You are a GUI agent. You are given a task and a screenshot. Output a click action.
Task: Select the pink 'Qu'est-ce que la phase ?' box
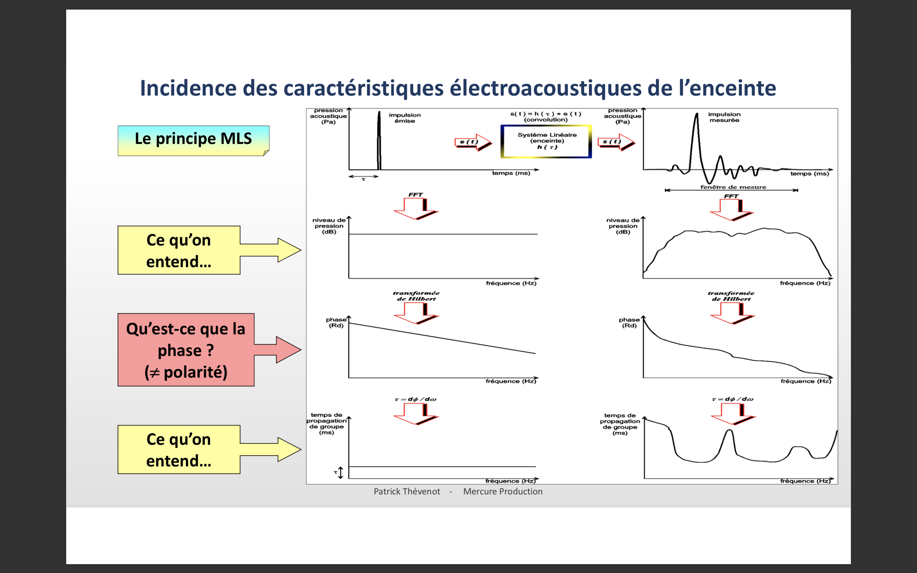(x=186, y=350)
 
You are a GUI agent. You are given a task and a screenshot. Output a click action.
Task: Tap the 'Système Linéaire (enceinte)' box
(x=546, y=141)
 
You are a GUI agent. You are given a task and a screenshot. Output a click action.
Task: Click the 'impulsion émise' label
(x=404, y=118)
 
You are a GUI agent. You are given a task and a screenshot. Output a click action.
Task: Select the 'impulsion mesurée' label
(x=724, y=117)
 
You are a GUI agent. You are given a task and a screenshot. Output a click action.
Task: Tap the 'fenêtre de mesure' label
(x=733, y=187)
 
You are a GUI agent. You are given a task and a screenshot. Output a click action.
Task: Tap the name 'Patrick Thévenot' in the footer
(x=407, y=492)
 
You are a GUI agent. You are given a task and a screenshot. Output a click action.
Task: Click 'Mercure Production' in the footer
(x=502, y=492)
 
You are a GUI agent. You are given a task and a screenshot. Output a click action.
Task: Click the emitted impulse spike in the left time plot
(x=379, y=140)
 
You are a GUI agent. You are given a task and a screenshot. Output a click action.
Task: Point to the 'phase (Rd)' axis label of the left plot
(x=336, y=322)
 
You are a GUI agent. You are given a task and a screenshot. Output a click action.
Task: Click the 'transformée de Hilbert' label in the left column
(x=416, y=296)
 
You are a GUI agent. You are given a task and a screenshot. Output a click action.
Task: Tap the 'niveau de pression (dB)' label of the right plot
(x=622, y=226)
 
